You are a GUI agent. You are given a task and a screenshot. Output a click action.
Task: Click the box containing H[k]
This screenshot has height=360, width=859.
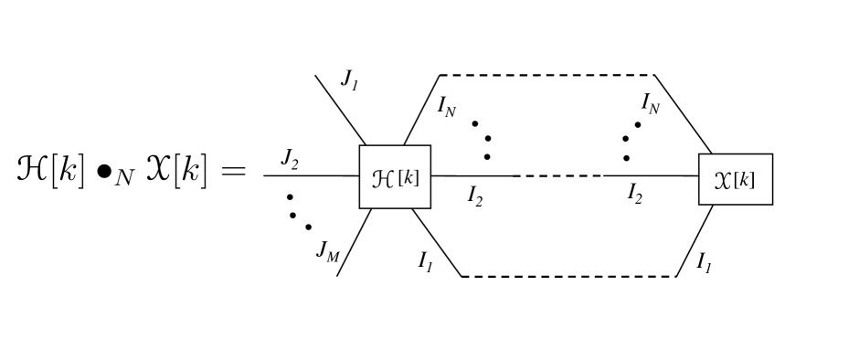click(395, 176)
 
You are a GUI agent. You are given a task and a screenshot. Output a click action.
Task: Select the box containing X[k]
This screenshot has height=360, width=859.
click(735, 179)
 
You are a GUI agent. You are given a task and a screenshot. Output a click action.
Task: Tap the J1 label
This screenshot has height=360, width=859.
click(349, 79)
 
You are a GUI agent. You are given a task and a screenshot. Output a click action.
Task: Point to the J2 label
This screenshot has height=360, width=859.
click(290, 162)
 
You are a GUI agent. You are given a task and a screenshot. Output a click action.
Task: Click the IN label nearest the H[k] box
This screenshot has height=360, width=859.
click(447, 109)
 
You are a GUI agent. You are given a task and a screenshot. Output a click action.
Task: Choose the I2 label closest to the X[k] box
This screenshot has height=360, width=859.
click(634, 194)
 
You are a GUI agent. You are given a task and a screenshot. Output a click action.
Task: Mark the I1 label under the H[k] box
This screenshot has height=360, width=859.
click(426, 260)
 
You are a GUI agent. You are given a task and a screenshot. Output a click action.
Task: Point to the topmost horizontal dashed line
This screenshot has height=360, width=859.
click(546, 75)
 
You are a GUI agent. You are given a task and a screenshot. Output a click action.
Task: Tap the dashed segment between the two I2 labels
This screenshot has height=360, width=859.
click(561, 175)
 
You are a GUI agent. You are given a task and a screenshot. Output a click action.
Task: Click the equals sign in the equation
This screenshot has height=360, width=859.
click(232, 171)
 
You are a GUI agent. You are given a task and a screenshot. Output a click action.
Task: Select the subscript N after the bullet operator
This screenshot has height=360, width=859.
click(124, 178)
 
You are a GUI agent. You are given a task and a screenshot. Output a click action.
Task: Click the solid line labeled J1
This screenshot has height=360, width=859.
click(338, 110)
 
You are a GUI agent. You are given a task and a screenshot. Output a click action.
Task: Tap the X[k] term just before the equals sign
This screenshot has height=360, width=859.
click(178, 170)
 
